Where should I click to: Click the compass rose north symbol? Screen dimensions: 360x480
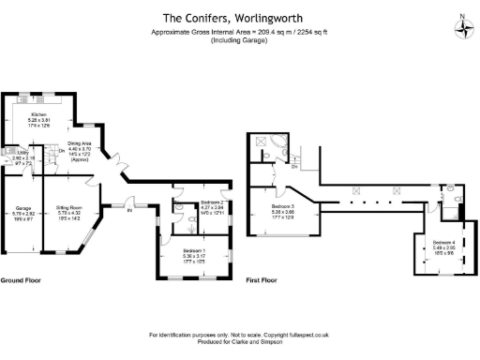coord(462,27)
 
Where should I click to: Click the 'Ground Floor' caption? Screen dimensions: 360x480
coord(19,280)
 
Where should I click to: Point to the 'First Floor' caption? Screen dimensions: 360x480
coord(265,280)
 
